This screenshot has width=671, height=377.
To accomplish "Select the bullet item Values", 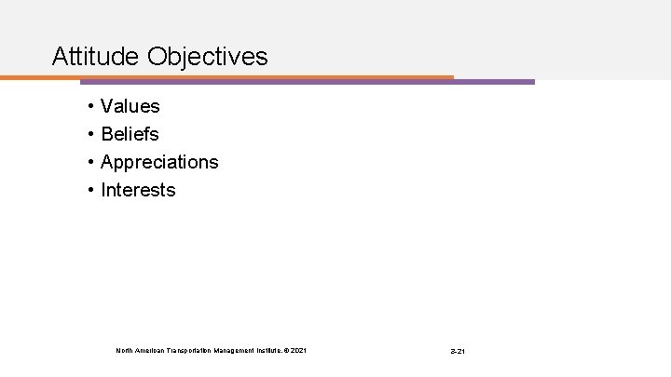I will (x=130, y=107).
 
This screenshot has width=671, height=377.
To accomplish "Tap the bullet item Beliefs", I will (x=130, y=135).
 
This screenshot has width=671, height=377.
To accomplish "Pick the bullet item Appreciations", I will (x=159, y=163).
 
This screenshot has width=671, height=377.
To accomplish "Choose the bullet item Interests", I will (x=138, y=190).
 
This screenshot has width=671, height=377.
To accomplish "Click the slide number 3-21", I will (x=457, y=351).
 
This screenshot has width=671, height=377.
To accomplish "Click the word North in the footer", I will (x=124, y=350).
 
